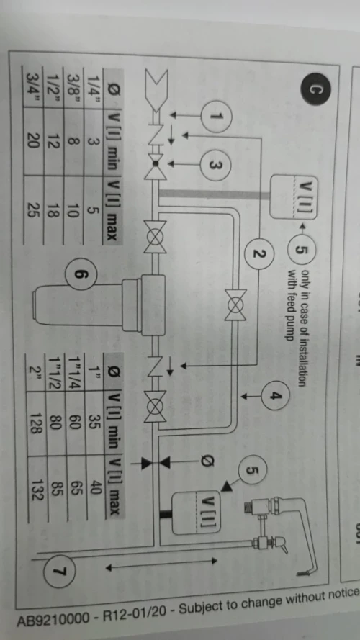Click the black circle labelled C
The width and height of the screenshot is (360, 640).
point(311,91)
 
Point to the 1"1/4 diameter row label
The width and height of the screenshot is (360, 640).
point(75,371)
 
